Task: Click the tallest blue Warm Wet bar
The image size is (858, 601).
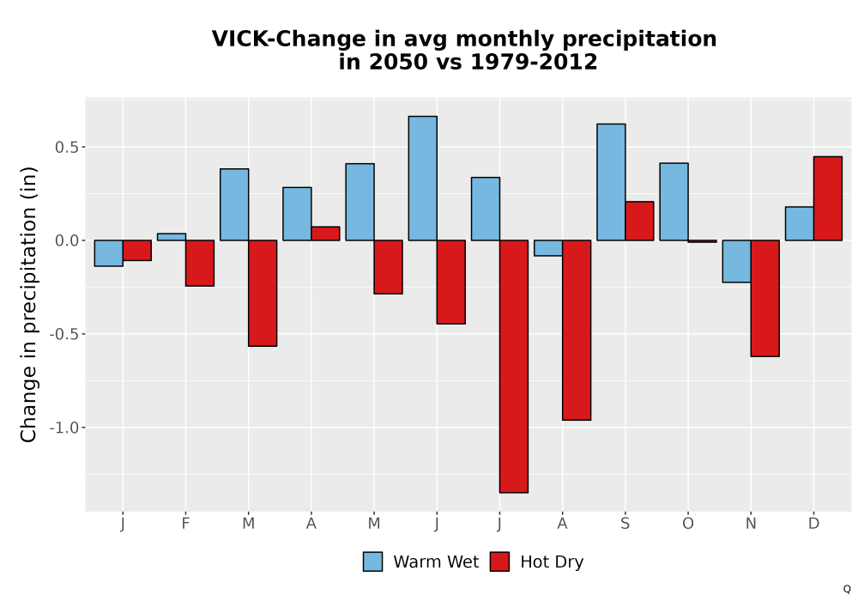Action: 422,178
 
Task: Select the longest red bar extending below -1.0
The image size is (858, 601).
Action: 514,367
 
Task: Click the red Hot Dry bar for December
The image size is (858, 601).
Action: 828,198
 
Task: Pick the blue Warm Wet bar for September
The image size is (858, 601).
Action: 611,182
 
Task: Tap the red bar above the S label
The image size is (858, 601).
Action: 640,221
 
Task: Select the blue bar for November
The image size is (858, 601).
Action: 736,261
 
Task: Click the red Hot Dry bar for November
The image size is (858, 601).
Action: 765,298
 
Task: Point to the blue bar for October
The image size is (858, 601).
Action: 674,202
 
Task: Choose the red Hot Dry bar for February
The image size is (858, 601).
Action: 200,263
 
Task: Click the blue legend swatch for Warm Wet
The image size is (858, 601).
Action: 372,562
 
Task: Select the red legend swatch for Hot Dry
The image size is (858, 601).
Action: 499,562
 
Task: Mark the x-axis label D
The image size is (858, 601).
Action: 813,524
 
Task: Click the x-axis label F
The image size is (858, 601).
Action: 185,524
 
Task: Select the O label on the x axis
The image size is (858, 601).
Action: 688,524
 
